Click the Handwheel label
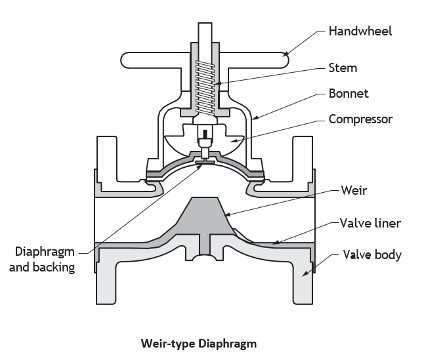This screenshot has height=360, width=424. tap(360, 31)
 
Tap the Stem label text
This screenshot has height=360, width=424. tap(343, 68)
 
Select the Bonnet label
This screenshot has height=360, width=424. tap(349, 94)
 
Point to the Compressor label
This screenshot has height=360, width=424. tap(360, 119)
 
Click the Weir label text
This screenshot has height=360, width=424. tap(354, 190)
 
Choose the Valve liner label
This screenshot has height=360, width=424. tap(370, 223)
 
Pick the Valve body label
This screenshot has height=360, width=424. tap(372, 255)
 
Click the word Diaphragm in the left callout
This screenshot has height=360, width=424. tap(45, 252)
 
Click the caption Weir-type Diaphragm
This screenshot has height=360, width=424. tap(199, 344)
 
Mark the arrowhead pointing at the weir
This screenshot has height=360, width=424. tap(227, 214)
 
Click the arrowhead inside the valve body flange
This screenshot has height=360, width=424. tap(305, 273)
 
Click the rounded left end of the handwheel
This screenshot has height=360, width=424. tap(125, 60)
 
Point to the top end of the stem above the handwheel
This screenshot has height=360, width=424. tap(205, 24)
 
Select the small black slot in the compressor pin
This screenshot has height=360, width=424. tap(205, 133)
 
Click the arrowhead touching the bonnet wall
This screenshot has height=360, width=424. tap(255, 117)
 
